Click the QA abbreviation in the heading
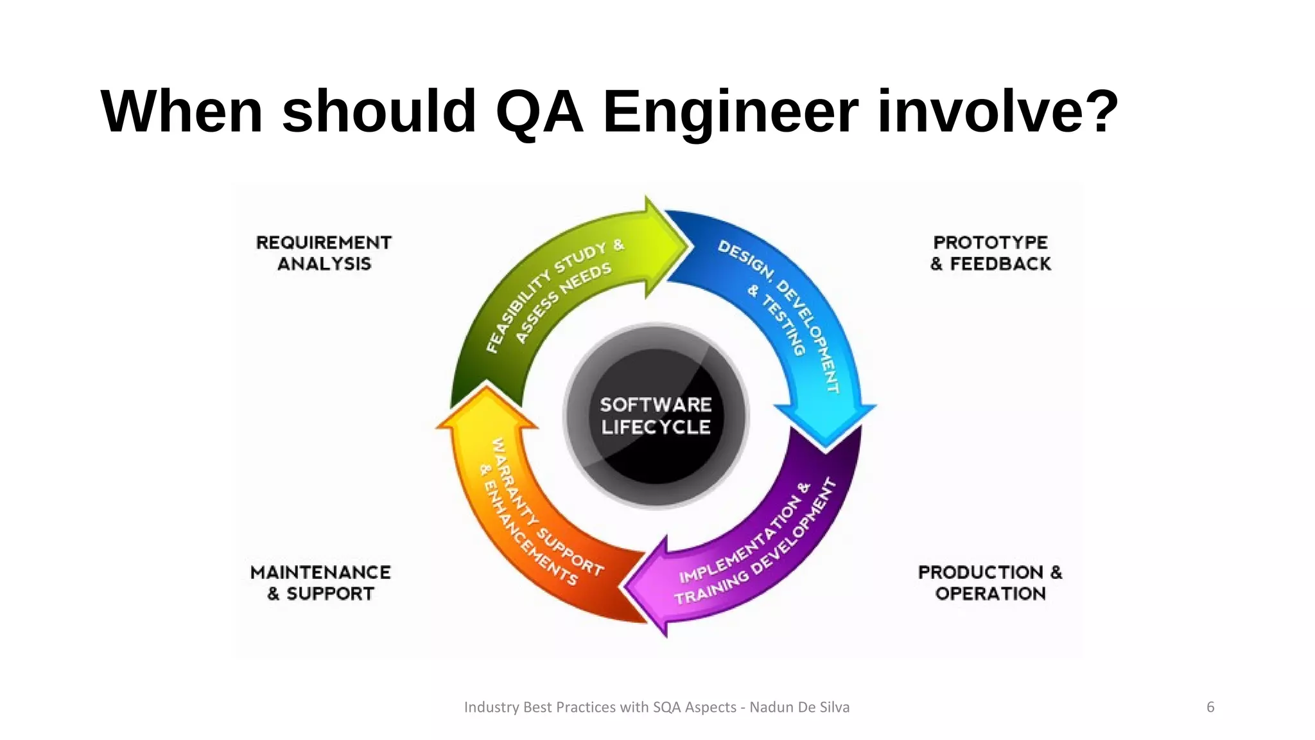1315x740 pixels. pyautogui.click(x=539, y=112)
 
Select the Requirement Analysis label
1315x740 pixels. pyautogui.click(x=324, y=253)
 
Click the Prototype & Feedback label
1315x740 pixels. pyautogui.click(x=990, y=253)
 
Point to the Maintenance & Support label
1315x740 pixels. pyautogui.click(x=320, y=583)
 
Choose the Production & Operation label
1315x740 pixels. pyautogui.click(x=990, y=583)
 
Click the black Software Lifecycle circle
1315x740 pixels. pyautogui.click(x=656, y=416)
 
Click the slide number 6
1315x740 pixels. pyautogui.click(x=1210, y=707)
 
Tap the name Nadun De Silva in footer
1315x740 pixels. pyautogui.click(x=799, y=707)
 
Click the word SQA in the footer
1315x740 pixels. pyautogui.click(x=667, y=707)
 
